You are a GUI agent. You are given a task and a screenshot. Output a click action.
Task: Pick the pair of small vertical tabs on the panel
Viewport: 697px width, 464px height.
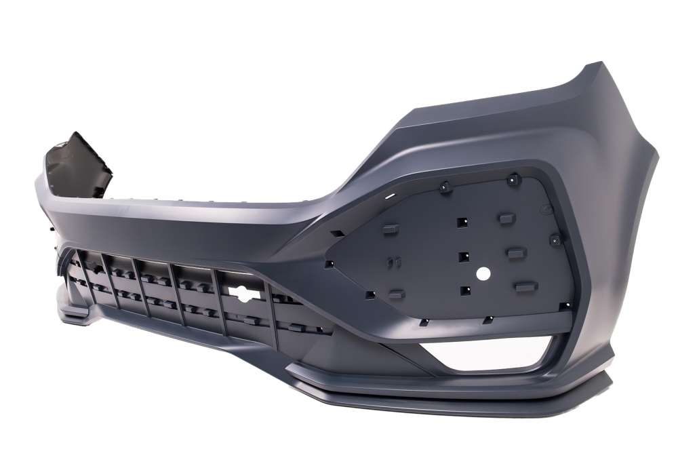(x=391, y=261)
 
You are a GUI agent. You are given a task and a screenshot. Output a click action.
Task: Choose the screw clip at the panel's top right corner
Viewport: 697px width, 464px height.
(x=515, y=179)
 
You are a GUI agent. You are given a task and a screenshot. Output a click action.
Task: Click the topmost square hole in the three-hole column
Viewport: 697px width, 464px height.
(x=462, y=222)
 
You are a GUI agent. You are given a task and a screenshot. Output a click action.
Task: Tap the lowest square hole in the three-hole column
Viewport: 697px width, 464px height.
(x=465, y=290)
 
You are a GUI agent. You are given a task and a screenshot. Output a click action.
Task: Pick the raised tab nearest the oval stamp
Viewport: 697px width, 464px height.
(x=506, y=218)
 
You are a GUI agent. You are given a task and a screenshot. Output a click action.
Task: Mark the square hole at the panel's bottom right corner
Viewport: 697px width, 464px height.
(x=562, y=307)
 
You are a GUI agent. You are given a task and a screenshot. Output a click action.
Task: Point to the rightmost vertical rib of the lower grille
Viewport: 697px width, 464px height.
(x=273, y=309)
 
